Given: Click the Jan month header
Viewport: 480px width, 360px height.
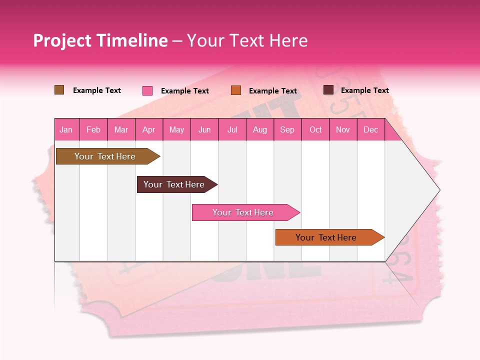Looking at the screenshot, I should pos(66,129).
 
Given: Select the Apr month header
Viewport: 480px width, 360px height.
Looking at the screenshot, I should pos(149,129).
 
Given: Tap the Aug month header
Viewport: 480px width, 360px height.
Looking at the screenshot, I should pos(260,129).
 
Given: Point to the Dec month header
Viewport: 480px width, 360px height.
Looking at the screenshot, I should pos(370,129).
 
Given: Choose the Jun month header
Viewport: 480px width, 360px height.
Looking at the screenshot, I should pos(204,129).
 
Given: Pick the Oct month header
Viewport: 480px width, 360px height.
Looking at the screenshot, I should pos(315,129).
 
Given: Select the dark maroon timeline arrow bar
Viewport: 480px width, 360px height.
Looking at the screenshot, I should pos(175,184).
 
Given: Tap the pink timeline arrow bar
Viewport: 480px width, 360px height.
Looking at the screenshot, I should pos(244,212).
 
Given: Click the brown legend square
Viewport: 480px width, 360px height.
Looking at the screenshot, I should pos(59,90).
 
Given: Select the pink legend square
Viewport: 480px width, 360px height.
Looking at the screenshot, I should pos(147,90).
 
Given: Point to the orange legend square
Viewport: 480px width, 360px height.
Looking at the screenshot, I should pos(236,90).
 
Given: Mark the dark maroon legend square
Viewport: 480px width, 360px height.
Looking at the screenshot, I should pos(328,90).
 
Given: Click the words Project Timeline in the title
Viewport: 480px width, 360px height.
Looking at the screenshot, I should pos(100,40).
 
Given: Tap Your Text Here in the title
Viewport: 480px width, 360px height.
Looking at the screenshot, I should pos(247,40).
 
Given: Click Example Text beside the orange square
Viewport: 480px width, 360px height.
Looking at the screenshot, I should pos(273,91).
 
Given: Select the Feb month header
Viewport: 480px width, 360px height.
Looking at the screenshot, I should pos(93,129).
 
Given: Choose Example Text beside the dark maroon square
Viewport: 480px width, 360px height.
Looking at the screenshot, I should pos(365,90).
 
